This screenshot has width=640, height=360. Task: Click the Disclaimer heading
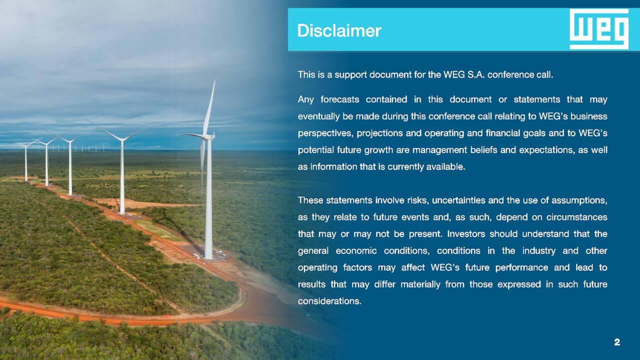339,30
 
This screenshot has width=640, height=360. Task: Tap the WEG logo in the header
599,29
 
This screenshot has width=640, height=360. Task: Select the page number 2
617,342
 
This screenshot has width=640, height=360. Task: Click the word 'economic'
356,251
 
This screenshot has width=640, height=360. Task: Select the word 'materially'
420,284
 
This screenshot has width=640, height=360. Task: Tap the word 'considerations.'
329,301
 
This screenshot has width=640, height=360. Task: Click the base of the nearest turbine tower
208,257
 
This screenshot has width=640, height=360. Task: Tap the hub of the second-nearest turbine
122,139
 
